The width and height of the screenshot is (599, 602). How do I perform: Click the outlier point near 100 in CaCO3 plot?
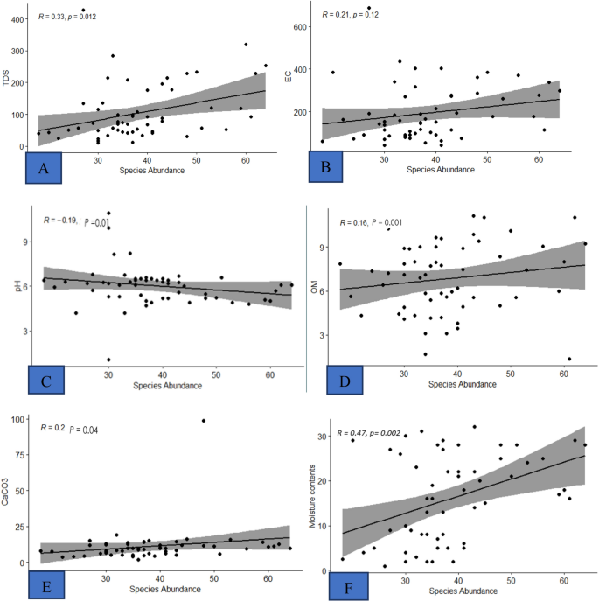[204, 421]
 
